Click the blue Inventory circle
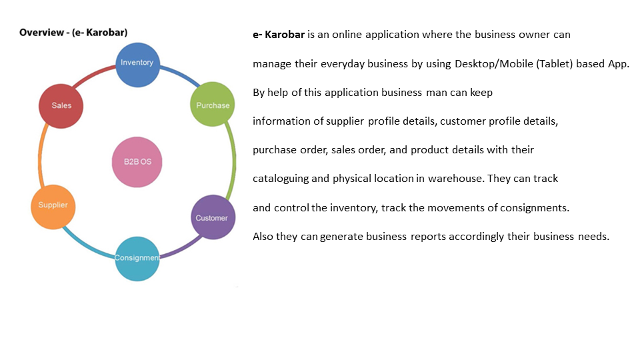point(137,64)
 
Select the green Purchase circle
point(213,105)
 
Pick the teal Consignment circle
point(137,258)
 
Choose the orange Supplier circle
point(53,205)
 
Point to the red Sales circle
point(61,106)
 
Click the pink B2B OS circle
point(137,162)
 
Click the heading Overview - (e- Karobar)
point(73,32)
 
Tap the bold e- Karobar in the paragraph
point(279,35)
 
